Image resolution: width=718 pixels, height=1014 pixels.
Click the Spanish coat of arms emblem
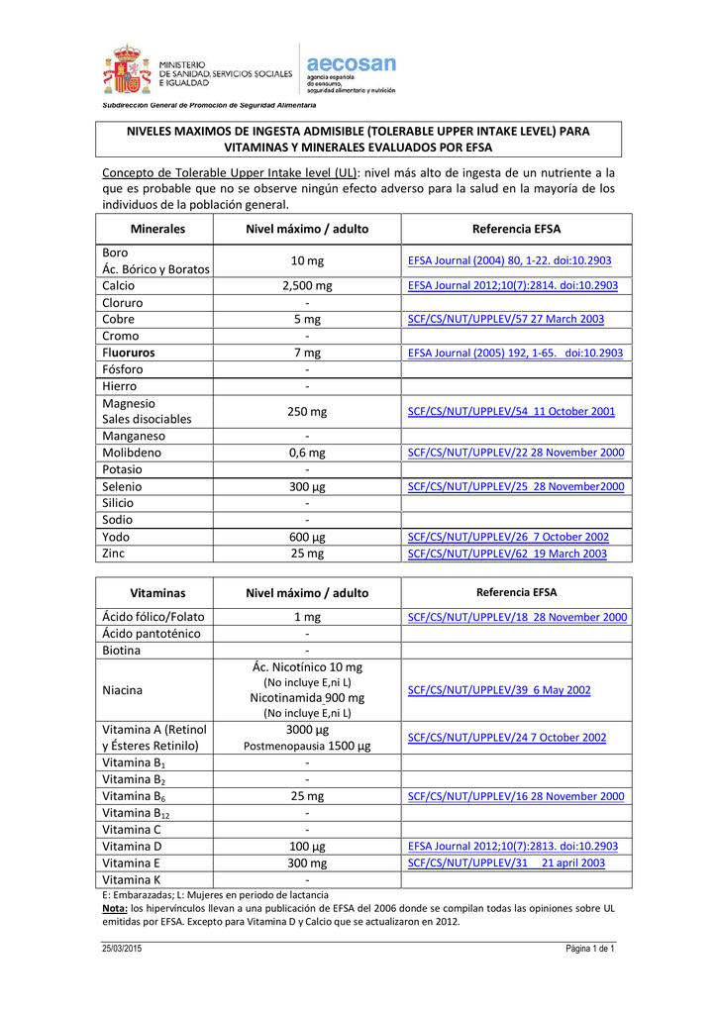coord(123,70)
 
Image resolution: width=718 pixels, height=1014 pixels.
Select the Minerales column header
coord(157,229)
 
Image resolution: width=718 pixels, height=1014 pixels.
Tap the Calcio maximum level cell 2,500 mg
coord(307,286)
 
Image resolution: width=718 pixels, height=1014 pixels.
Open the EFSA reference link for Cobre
coord(505,319)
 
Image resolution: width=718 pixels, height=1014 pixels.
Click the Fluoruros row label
coord(128,353)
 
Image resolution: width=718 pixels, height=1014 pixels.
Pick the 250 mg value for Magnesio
coord(307,411)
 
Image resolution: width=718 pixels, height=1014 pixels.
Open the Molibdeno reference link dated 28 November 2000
coord(516,453)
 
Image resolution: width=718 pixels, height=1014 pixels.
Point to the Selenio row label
coord(122,486)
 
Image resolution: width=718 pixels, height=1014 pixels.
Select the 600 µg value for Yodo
coord(307,537)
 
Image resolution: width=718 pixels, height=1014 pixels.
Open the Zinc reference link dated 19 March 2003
coord(507,554)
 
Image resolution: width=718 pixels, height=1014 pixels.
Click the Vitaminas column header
coord(157,592)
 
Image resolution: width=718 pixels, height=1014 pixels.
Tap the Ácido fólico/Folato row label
coord(153,617)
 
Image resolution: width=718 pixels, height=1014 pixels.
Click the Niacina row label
coord(123,689)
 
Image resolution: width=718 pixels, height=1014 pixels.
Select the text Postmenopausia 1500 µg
coord(307,747)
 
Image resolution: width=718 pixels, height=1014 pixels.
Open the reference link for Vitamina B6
coord(516,796)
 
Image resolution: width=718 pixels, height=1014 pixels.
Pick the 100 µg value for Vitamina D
coord(307,847)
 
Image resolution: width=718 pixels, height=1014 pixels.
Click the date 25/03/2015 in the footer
coord(122,950)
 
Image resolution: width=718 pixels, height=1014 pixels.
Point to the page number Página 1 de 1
coord(590,950)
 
